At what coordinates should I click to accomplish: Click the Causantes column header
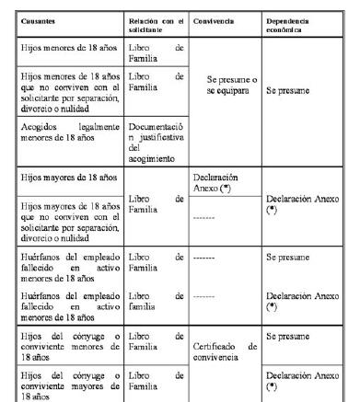click(36, 18)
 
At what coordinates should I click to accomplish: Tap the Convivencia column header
click(215, 18)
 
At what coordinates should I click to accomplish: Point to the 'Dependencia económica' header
click(288, 21)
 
